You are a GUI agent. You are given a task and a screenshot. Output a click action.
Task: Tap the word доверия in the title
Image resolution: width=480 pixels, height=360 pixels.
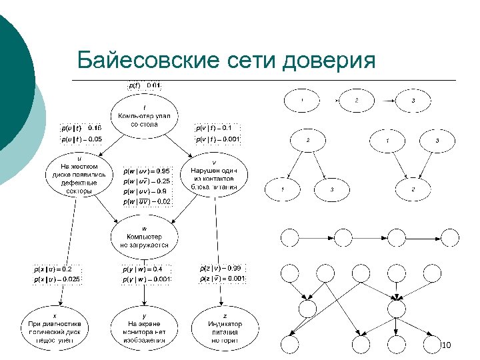[x=330, y=61]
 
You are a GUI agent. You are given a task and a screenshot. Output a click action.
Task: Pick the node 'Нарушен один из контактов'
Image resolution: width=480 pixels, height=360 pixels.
[x=213, y=175]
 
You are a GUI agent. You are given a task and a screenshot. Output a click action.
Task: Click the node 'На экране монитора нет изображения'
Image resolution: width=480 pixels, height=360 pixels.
[x=144, y=328]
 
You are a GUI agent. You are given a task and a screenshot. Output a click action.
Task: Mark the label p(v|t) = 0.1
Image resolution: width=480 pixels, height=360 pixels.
[x=213, y=127]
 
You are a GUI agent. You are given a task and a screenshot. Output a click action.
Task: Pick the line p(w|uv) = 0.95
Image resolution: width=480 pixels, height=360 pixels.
[x=147, y=170]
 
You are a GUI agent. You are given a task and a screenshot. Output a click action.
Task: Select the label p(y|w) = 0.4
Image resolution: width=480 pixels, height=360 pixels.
[x=143, y=269]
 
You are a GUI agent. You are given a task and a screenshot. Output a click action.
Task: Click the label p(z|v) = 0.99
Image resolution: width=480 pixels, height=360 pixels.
[x=223, y=268]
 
